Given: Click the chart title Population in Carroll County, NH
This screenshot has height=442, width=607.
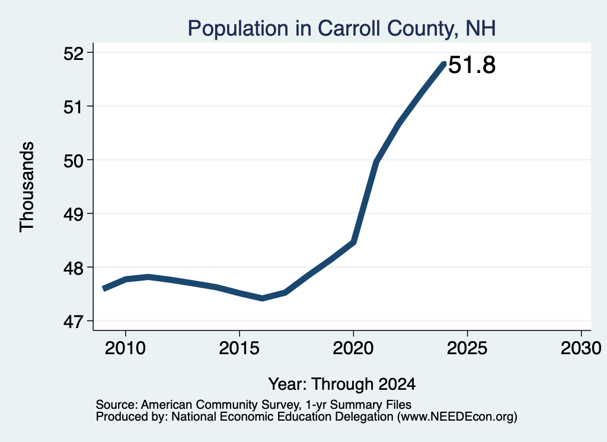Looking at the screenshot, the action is point(341,28).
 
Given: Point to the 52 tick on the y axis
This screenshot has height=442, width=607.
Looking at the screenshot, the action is point(74,53).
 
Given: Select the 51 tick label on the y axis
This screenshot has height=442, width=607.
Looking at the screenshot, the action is point(74,107).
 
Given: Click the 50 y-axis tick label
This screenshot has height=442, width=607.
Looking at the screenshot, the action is point(74,161).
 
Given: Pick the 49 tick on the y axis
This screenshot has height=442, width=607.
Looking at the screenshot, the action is point(74,214).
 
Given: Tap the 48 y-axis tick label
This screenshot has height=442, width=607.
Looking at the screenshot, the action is point(74,268).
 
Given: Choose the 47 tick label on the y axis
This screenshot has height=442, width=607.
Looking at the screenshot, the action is point(74,322).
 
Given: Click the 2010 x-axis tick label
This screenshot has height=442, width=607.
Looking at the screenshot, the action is point(125,348).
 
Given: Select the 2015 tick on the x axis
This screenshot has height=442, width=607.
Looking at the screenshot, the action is point(239,348).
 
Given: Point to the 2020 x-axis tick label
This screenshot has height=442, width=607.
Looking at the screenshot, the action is point(353,348).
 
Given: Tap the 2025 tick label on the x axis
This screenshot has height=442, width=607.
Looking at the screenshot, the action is point(467,348).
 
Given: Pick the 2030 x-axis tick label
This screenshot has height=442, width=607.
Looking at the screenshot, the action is point(581,348).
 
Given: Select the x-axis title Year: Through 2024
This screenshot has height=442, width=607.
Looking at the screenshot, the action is point(342,384).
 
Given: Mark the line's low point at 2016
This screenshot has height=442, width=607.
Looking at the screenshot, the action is point(263,298).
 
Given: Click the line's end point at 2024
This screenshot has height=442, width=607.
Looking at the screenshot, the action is point(445,63).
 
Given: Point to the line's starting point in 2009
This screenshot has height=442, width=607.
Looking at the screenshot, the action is point(103,288).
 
